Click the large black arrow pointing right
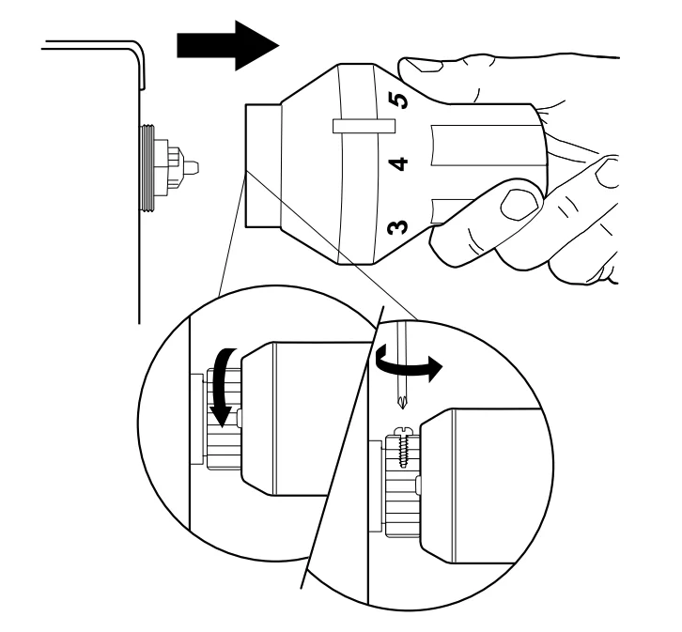coord(225,46)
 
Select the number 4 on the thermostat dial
coord(399,164)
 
